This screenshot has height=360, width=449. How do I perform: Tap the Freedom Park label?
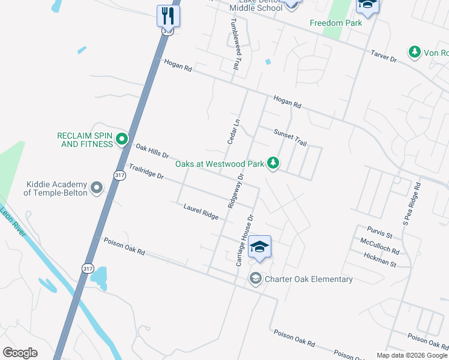336,23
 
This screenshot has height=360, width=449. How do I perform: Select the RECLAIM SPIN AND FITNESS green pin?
122,140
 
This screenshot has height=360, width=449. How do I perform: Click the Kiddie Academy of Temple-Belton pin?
97,188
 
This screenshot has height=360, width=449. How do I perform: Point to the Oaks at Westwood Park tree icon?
273,163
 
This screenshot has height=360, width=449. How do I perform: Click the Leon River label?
13,221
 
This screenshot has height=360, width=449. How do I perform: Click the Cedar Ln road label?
234,131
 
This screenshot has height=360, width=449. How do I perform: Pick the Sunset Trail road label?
290,138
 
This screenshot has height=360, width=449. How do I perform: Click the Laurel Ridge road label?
201,211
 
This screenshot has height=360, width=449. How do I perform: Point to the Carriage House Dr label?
244,240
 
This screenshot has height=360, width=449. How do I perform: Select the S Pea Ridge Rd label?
411,204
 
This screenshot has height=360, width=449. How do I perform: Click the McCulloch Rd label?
380,246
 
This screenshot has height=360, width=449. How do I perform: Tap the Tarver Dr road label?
384,56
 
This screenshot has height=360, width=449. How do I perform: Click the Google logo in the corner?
20,352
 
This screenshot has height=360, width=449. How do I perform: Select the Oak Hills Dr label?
152,151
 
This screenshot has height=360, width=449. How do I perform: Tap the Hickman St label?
380,259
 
